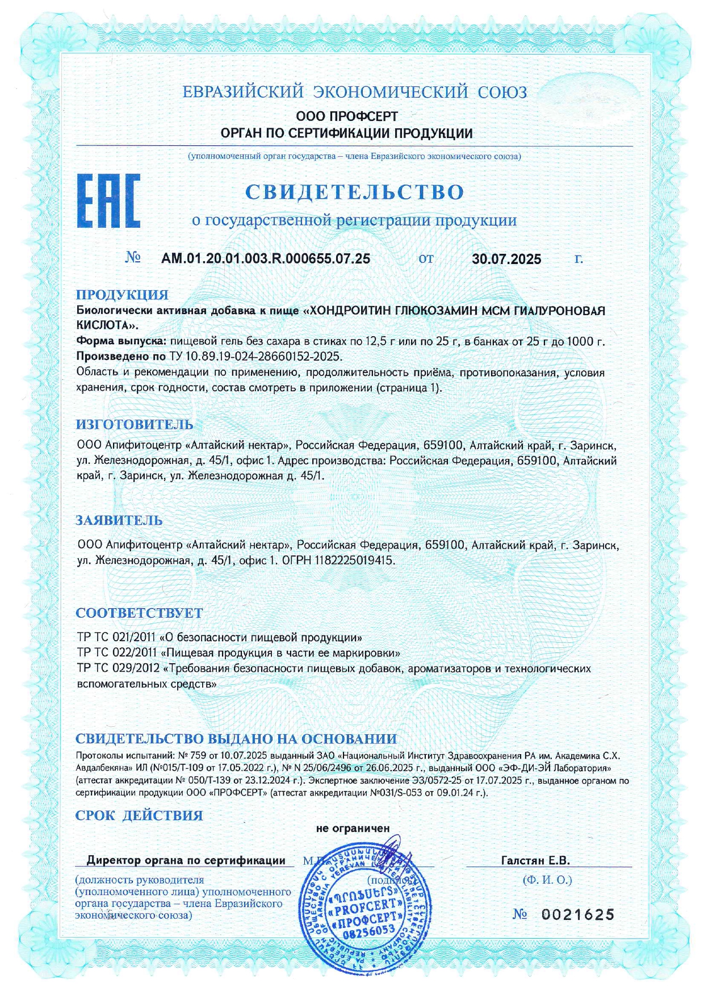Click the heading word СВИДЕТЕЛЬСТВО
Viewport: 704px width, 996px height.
click(355, 192)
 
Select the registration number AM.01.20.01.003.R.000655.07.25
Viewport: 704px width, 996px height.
click(266, 259)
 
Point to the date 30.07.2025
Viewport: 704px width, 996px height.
click(506, 260)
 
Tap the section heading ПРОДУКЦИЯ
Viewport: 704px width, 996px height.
click(122, 295)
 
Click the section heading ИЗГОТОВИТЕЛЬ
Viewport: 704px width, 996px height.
click(135, 425)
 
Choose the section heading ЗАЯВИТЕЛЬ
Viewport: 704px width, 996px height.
click(119, 521)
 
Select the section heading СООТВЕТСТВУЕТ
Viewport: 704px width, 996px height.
click(139, 613)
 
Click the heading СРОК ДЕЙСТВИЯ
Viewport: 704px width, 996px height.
click(139, 815)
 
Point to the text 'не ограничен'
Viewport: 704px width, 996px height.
click(353, 828)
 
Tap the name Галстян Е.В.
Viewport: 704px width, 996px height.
click(535, 860)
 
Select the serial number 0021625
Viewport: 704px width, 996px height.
click(577, 914)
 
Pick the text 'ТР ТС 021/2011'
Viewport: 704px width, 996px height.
click(116, 638)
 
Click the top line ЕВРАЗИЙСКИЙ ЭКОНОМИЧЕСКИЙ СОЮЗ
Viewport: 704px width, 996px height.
click(355, 92)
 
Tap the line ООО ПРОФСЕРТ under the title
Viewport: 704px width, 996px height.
click(347, 116)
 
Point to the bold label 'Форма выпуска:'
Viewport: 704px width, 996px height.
click(121, 341)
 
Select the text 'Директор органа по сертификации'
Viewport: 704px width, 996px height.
click(186, 860)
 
